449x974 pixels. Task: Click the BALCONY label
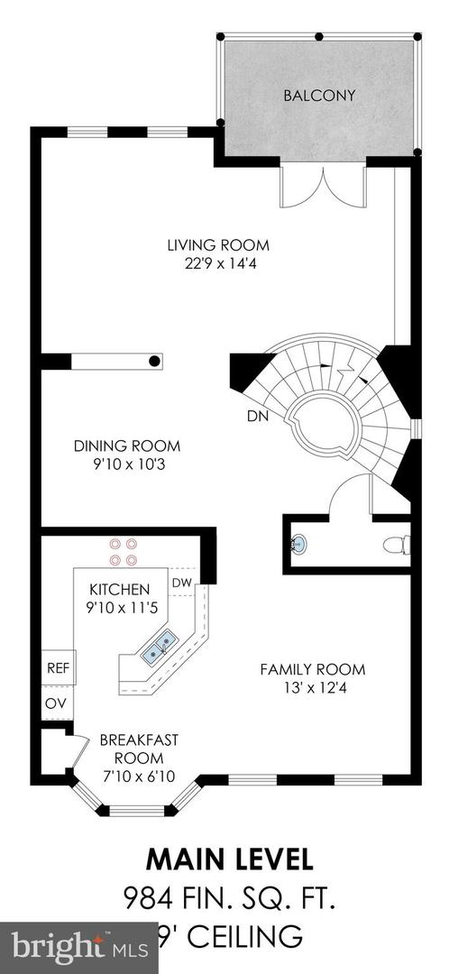pyautogui.click(x=319, y=96)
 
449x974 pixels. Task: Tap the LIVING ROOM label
pyautogui.click(x=218, y=244)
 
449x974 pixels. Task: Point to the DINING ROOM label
pyautogui.click(x=127, y=446)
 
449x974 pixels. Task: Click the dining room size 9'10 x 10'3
pyautogui.click(x=127, y=464)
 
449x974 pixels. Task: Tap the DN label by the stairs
pyautogui.click(x=258, y=417)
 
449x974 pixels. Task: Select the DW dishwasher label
pyautogui.click(x=181, y=583)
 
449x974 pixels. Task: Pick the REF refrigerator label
pyautogui.click(x=58, y=668)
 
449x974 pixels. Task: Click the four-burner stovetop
pyautogui.click(x=123, y=552)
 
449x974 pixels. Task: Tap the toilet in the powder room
pyautogui.click(x=397, y=545)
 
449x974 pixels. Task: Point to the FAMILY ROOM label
pyautogui.click(x=312, y=669)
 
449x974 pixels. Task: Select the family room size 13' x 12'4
pyautogui.click(x=312, y=688)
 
